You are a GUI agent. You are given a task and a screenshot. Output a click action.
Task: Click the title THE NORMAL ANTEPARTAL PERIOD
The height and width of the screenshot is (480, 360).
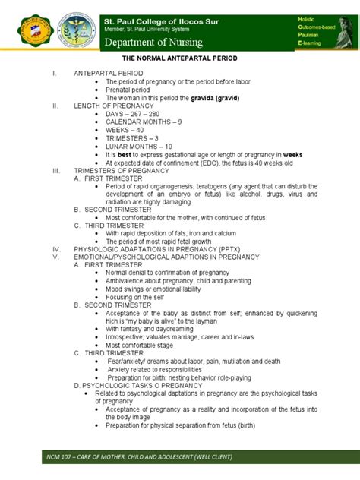pos(180,57)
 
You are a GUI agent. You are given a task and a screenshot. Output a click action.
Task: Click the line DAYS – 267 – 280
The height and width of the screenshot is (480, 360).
pos(133,114)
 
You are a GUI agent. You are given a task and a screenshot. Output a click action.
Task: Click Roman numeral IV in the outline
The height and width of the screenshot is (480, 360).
pos(55,248)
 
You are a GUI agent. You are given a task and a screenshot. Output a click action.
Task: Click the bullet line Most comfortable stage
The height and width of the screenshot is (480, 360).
pos(141,345)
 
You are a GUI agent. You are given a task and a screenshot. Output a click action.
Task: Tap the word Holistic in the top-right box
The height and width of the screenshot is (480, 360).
pos(321,17)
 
